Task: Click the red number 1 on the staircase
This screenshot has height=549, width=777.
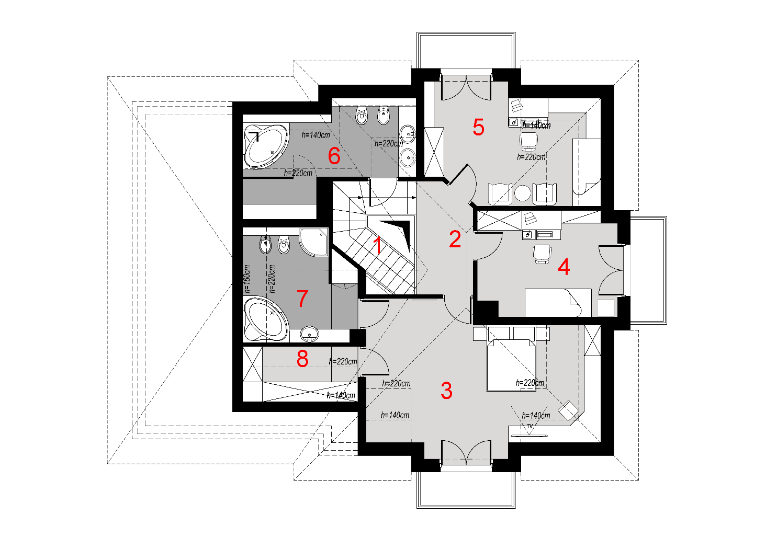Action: [378, 245]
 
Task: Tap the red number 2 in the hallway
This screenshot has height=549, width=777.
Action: [455, 239]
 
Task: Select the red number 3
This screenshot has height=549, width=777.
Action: [446, 391]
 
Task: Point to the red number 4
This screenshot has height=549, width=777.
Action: [564, 267]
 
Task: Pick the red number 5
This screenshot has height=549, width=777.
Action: [478, 127]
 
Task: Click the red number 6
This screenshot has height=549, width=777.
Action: [334, 156]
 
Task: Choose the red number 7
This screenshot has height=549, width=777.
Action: [302, 298]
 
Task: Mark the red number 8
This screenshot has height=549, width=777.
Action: [302, 359]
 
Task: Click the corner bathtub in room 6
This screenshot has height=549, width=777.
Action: [266, 145]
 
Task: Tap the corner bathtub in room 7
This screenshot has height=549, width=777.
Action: [266, 319]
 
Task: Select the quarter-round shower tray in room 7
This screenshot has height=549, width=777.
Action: [313, 242]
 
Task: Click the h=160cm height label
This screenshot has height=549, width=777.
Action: [246, 279]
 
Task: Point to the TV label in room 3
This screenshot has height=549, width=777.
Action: [530, 426]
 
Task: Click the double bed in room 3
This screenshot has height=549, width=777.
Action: [511, 365]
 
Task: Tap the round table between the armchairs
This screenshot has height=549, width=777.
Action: [522, 193]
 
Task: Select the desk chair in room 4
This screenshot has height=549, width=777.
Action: [542, 254]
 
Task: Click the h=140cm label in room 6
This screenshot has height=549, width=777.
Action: [316, 135]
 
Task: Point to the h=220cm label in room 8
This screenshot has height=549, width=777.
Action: [343, 361]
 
